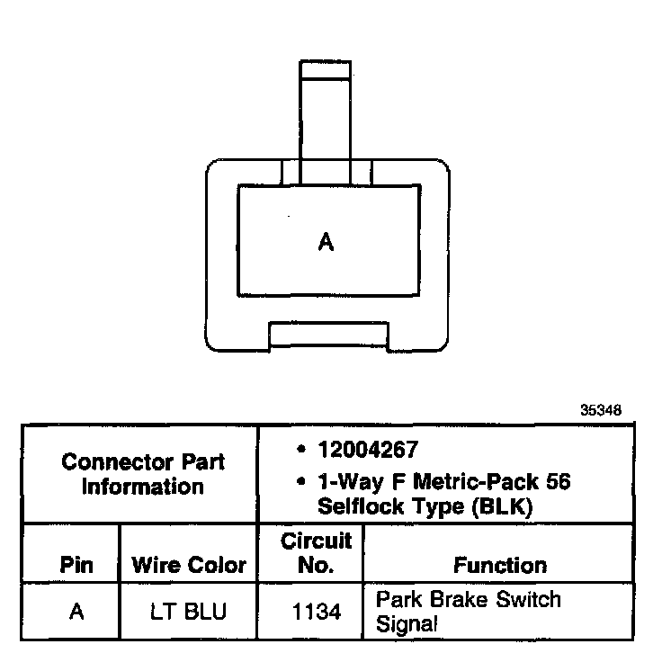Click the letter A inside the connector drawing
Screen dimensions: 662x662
click(327, 241)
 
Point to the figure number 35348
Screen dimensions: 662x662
click(601, 411)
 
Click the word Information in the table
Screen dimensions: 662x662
click(142, 487)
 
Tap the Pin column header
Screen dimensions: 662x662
click(76, 566)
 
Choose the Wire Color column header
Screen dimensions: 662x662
click(189, 566)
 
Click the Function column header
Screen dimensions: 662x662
click(500, 566)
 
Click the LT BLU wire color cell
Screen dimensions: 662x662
click(189, 613)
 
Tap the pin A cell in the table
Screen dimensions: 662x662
click(76, 613)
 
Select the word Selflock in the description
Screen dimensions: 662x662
click(357, 506)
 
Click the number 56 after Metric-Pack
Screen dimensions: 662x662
click(554, 482)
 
